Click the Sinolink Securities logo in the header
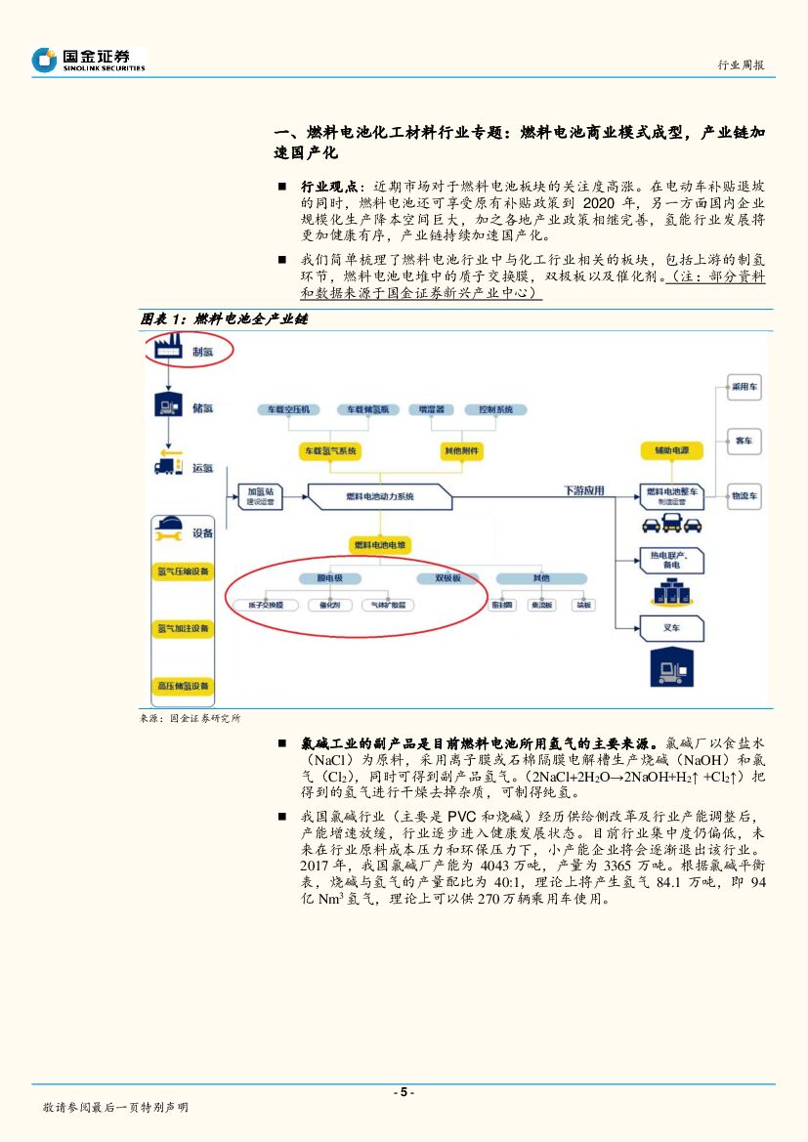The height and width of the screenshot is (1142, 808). [x=88, y=61]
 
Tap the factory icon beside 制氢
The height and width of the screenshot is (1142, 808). [x=167, y=349]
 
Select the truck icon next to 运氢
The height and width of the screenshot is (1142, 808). [x=168, y=467]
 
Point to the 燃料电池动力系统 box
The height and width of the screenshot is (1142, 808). [x=380, y=497]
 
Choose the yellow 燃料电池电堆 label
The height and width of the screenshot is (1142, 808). [x=380, y=543]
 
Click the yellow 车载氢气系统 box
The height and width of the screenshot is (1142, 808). [x=329, y=450]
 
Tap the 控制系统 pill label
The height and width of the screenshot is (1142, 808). [x=489, y=409]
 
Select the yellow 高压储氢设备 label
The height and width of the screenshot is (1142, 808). [x=183, y=686]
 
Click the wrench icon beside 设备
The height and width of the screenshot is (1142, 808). [x=169, y=532]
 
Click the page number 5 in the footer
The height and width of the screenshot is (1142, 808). [x=404, y=1092]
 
